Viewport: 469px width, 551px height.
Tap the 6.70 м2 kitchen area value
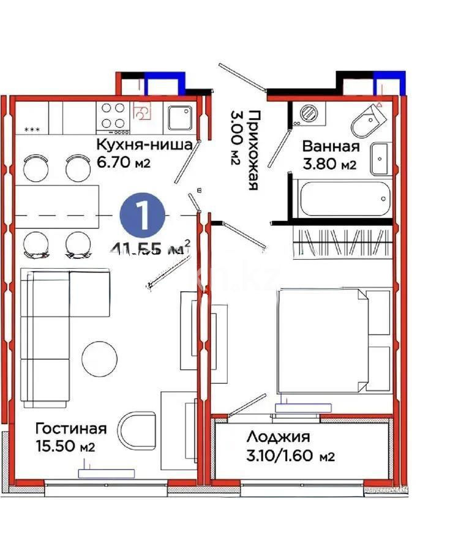pos(122,163)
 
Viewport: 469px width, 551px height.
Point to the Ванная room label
pos(330,146)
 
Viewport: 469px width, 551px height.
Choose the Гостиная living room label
pos(70,429)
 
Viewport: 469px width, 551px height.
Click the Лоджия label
pos(278,437)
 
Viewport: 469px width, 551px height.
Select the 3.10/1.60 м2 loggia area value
pos(290,456)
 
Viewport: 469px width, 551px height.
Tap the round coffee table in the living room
pos(99,359)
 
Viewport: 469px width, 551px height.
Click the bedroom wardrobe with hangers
pos(343,242)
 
